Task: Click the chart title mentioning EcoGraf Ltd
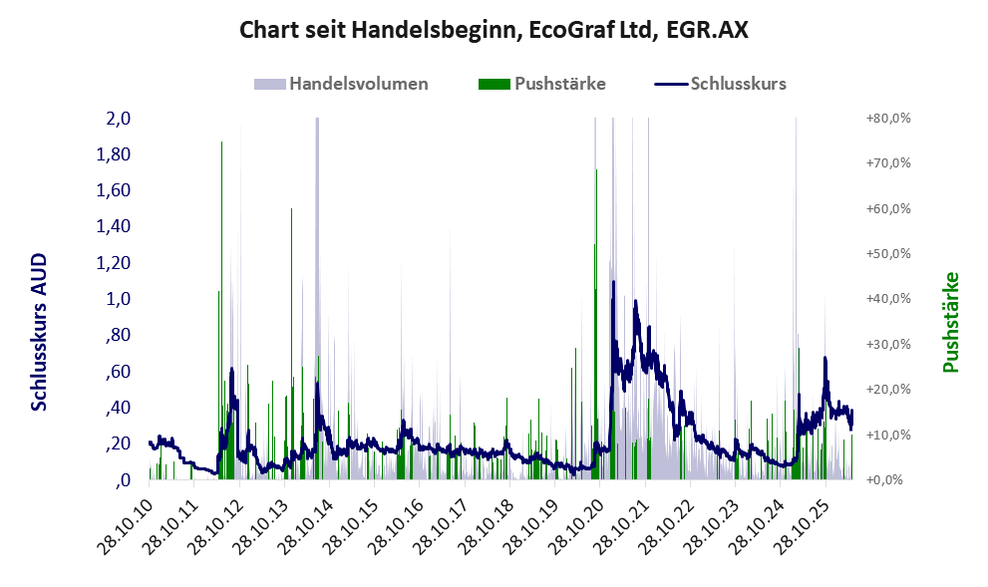click(494, 30)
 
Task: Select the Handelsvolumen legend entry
click(341, 84)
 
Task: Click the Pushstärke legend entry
click(542, 84)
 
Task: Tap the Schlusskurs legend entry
click(720, 84)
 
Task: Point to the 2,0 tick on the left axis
click(119, 119)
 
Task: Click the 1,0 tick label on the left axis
click(119, 299)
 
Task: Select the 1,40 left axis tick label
click(114, 226)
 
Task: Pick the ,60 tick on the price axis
click(118, 371)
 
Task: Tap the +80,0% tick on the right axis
click(888, 119)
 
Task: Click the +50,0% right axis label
click(888, 254)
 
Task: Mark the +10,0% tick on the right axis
click(888, 435)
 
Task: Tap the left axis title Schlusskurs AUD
click(39, 332)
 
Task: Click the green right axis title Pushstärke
click(951, 322)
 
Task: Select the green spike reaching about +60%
click(291, 344)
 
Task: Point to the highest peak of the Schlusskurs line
click(613, 281)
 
